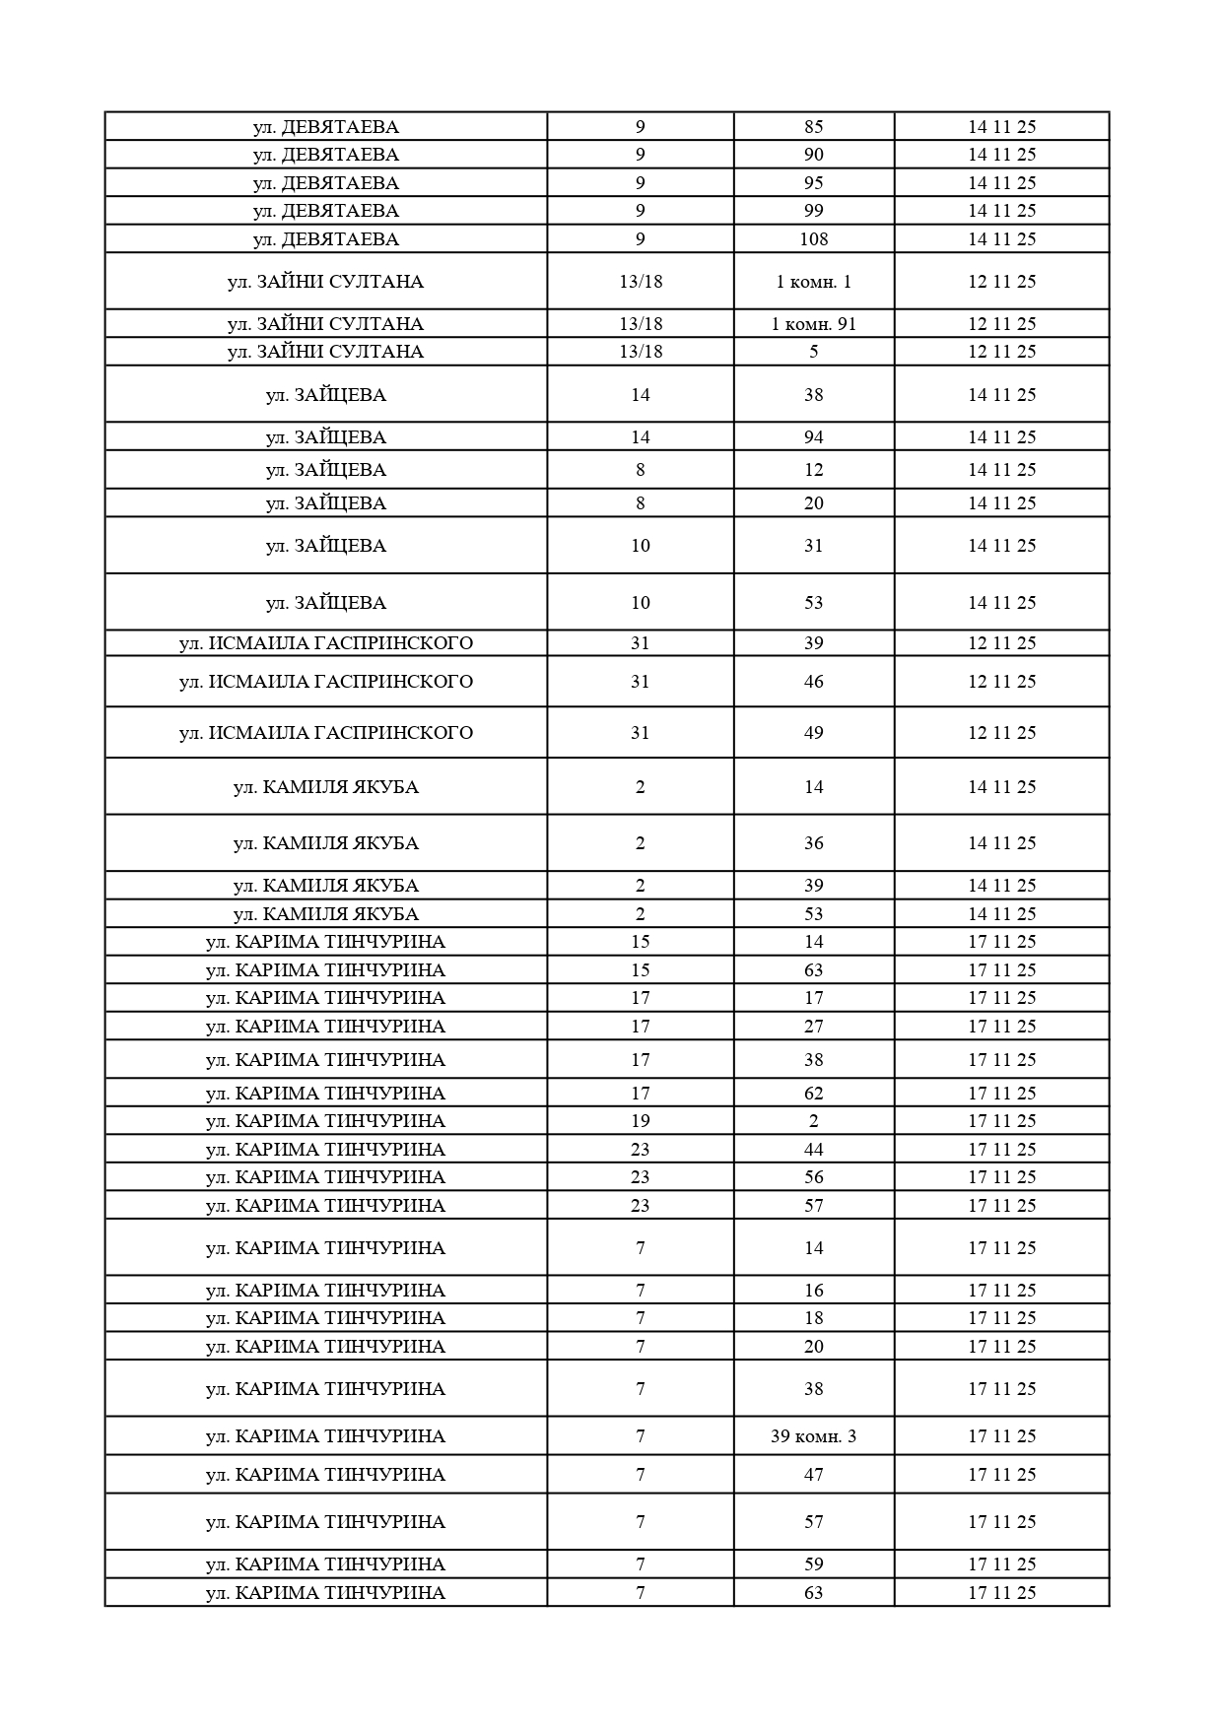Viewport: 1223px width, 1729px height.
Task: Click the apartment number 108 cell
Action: [x=813, y=239]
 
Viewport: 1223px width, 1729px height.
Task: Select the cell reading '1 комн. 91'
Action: [x=813, y=324]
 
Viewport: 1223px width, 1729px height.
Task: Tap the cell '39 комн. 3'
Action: [x=813, y=1436]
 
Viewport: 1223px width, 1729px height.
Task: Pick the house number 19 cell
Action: [x=641, y=1121]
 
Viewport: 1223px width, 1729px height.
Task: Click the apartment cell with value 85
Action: [x=813, y=127]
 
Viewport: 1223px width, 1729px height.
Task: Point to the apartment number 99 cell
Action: [x=813, y=211]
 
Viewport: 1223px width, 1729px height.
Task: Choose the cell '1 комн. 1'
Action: [x=813, y=282]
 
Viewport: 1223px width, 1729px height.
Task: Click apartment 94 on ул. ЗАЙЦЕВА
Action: [x=813, y=437]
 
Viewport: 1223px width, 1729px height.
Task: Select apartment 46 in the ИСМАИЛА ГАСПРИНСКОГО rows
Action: [x=813, y=682]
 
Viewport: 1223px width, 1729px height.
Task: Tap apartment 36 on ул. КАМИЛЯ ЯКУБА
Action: [x=813, y=843]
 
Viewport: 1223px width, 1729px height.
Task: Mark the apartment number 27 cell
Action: [x=813, y=1027]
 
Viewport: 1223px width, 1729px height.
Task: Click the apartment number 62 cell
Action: [x=813, y=1094]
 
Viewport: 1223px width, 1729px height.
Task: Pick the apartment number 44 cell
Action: [x=813, y=1150]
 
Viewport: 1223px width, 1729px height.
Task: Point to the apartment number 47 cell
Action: [x=813, y=1475]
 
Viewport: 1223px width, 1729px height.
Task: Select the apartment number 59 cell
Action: [x=813, y=1564]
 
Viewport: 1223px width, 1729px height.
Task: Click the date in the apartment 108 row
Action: [x=1001, y=239]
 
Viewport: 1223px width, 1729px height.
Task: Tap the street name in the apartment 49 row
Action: [x=326, y=733]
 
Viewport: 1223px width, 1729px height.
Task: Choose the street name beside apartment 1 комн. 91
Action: [x=326, y=324]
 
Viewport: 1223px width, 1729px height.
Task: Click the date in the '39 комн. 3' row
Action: [x=1001, y=1436]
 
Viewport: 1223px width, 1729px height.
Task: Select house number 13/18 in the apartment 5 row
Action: [x=641, y=352]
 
